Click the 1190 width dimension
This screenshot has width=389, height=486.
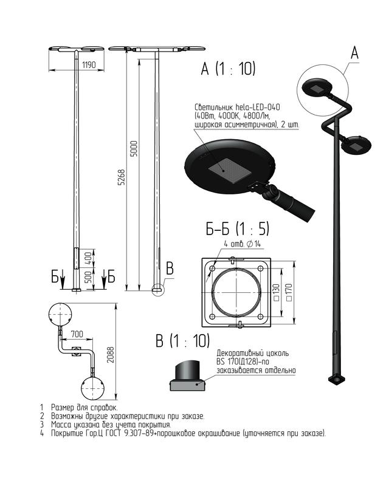[89, 65]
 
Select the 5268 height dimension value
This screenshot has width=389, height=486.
[122, 177]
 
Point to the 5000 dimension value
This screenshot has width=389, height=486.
[134, 149]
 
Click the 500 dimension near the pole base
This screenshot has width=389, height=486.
[88, 277]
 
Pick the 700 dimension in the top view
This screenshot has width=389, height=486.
[77, 334]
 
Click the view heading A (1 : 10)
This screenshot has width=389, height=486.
[229, 69]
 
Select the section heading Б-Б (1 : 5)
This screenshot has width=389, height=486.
[237, 229]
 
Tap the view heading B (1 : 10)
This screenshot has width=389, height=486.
[182, 341]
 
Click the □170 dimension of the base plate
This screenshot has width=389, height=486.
[289, 292]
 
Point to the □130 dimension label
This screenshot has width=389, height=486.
[277, 292]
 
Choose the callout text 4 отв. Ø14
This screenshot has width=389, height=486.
[243, 244]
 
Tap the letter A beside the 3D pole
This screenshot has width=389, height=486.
[354, 52]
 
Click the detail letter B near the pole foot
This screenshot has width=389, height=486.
[170, 269]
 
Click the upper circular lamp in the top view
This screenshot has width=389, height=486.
[61, 314]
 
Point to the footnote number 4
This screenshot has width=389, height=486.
[42, 433]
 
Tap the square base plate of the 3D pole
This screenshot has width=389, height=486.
[337, 379]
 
